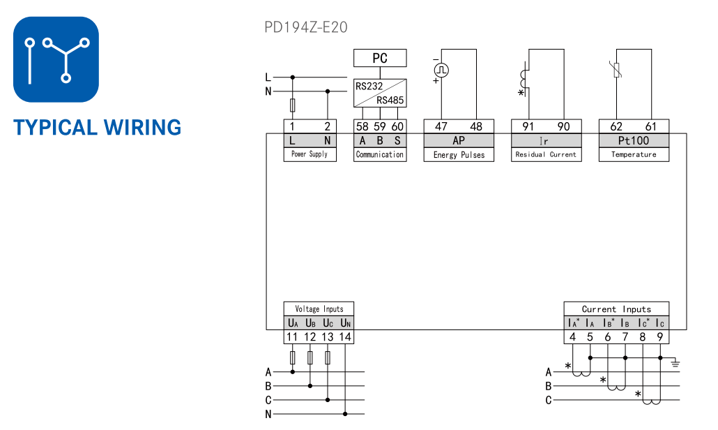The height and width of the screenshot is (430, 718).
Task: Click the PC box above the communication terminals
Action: click(x=380, y=58)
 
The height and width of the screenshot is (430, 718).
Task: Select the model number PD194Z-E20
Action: click(x=305, y=27)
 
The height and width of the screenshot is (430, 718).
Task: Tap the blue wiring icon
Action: click(x=56, y=59)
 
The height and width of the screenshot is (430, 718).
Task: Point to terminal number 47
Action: click(x=441, y=126)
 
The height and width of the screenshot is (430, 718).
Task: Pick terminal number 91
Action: click(x=528, y=126)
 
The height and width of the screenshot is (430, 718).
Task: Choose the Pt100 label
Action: click(x=634, y=140)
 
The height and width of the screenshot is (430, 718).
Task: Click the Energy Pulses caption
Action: click(x=459, y=155)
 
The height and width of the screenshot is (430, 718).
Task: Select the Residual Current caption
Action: click(x=546, y=155)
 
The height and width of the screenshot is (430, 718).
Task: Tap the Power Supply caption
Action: click(x=310, y=154)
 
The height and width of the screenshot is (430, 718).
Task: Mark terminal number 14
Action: click(x=345, y=337)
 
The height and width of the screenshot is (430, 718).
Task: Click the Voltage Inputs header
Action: click(x=319, y=309)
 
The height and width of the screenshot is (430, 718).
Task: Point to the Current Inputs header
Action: click(x=616, y=309)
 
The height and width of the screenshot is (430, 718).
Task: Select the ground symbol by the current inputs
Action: click(x=674, y=362)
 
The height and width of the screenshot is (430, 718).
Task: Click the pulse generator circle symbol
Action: click(x=441, y=70)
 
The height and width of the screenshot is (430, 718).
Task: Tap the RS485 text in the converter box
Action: click(x=390, y=100)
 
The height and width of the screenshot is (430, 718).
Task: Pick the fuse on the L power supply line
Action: click(x=292, y=105)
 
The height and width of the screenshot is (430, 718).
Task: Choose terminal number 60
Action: click(x=397, y=126)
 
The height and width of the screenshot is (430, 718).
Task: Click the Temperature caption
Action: click(x=634, y=155)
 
